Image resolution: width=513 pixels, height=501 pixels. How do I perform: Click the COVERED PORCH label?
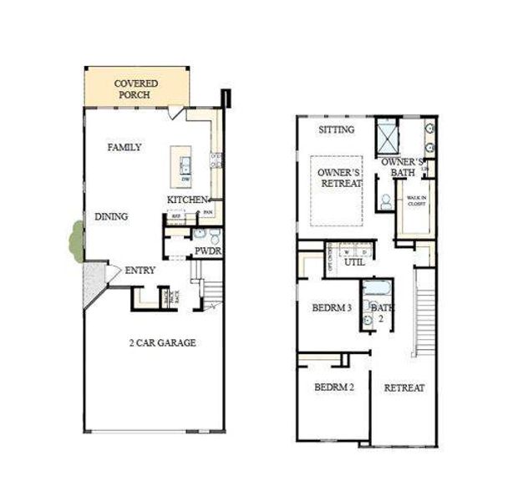click(x=135, y=89)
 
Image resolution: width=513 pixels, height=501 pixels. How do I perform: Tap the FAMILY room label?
click(x=124, y=148)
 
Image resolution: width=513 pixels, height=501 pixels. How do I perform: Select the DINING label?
click(x=111, y=217)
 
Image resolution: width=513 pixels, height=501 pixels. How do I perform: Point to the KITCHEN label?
click(x=187, y=200)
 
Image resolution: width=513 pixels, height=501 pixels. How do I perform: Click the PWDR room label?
click(x=207, y=250)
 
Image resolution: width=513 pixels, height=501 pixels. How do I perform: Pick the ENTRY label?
click(x=140, y=271)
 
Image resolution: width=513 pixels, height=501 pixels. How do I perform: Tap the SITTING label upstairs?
click(x=337, y=130)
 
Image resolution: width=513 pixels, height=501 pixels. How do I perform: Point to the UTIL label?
click(x=355, y=262)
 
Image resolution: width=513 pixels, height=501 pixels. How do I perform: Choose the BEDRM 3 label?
click(x=332, y=308)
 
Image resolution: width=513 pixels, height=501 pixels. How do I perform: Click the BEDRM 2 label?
click(x=333, y=387)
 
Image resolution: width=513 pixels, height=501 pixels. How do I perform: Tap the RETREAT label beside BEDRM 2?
click(x=404, y=387)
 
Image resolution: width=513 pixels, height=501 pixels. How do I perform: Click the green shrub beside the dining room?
click(x=76, y=241)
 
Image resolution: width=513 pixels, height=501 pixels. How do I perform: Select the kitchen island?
click(x=180, y=166)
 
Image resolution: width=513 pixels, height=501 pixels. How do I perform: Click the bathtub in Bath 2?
click(x=374, y=291)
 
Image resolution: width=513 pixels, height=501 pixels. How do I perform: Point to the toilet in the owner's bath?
click(x=386, y=200)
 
